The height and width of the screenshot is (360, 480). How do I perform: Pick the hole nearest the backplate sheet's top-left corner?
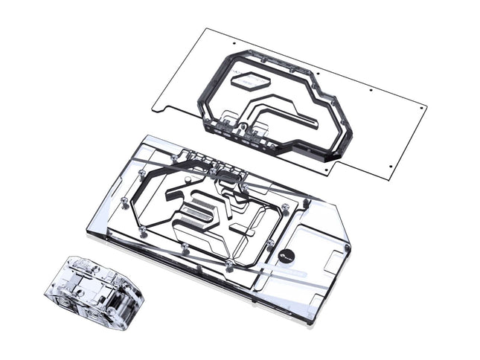(234, 45)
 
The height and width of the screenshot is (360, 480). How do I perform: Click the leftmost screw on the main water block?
(123, 202)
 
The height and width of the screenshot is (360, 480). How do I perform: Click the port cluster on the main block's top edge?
(212, 162)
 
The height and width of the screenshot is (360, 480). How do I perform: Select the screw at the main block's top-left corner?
(142, 173)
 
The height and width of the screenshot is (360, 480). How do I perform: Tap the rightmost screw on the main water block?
(346, 246)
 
